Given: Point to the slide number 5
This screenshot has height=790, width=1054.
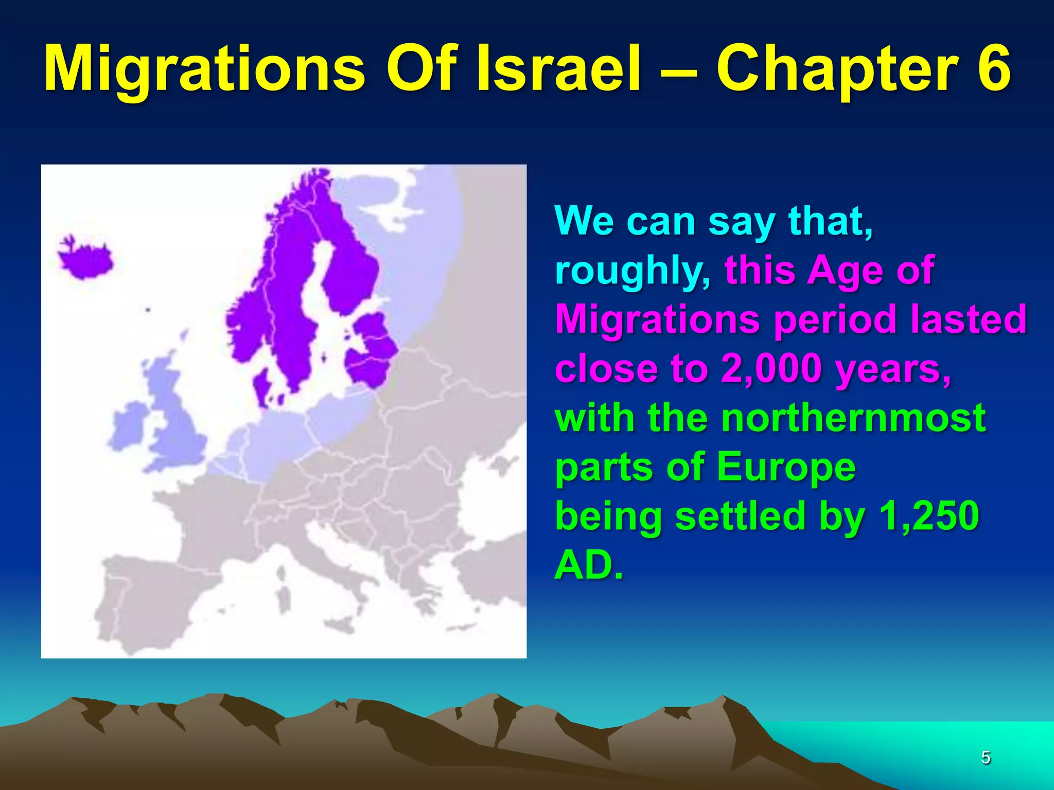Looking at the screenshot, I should tap(986, 758).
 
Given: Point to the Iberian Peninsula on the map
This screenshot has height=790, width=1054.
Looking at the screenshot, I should tap(149, 591).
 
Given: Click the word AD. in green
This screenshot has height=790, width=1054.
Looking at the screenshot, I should tap(589, 565).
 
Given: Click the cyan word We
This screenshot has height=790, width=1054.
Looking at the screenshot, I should tap(584, 221).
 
